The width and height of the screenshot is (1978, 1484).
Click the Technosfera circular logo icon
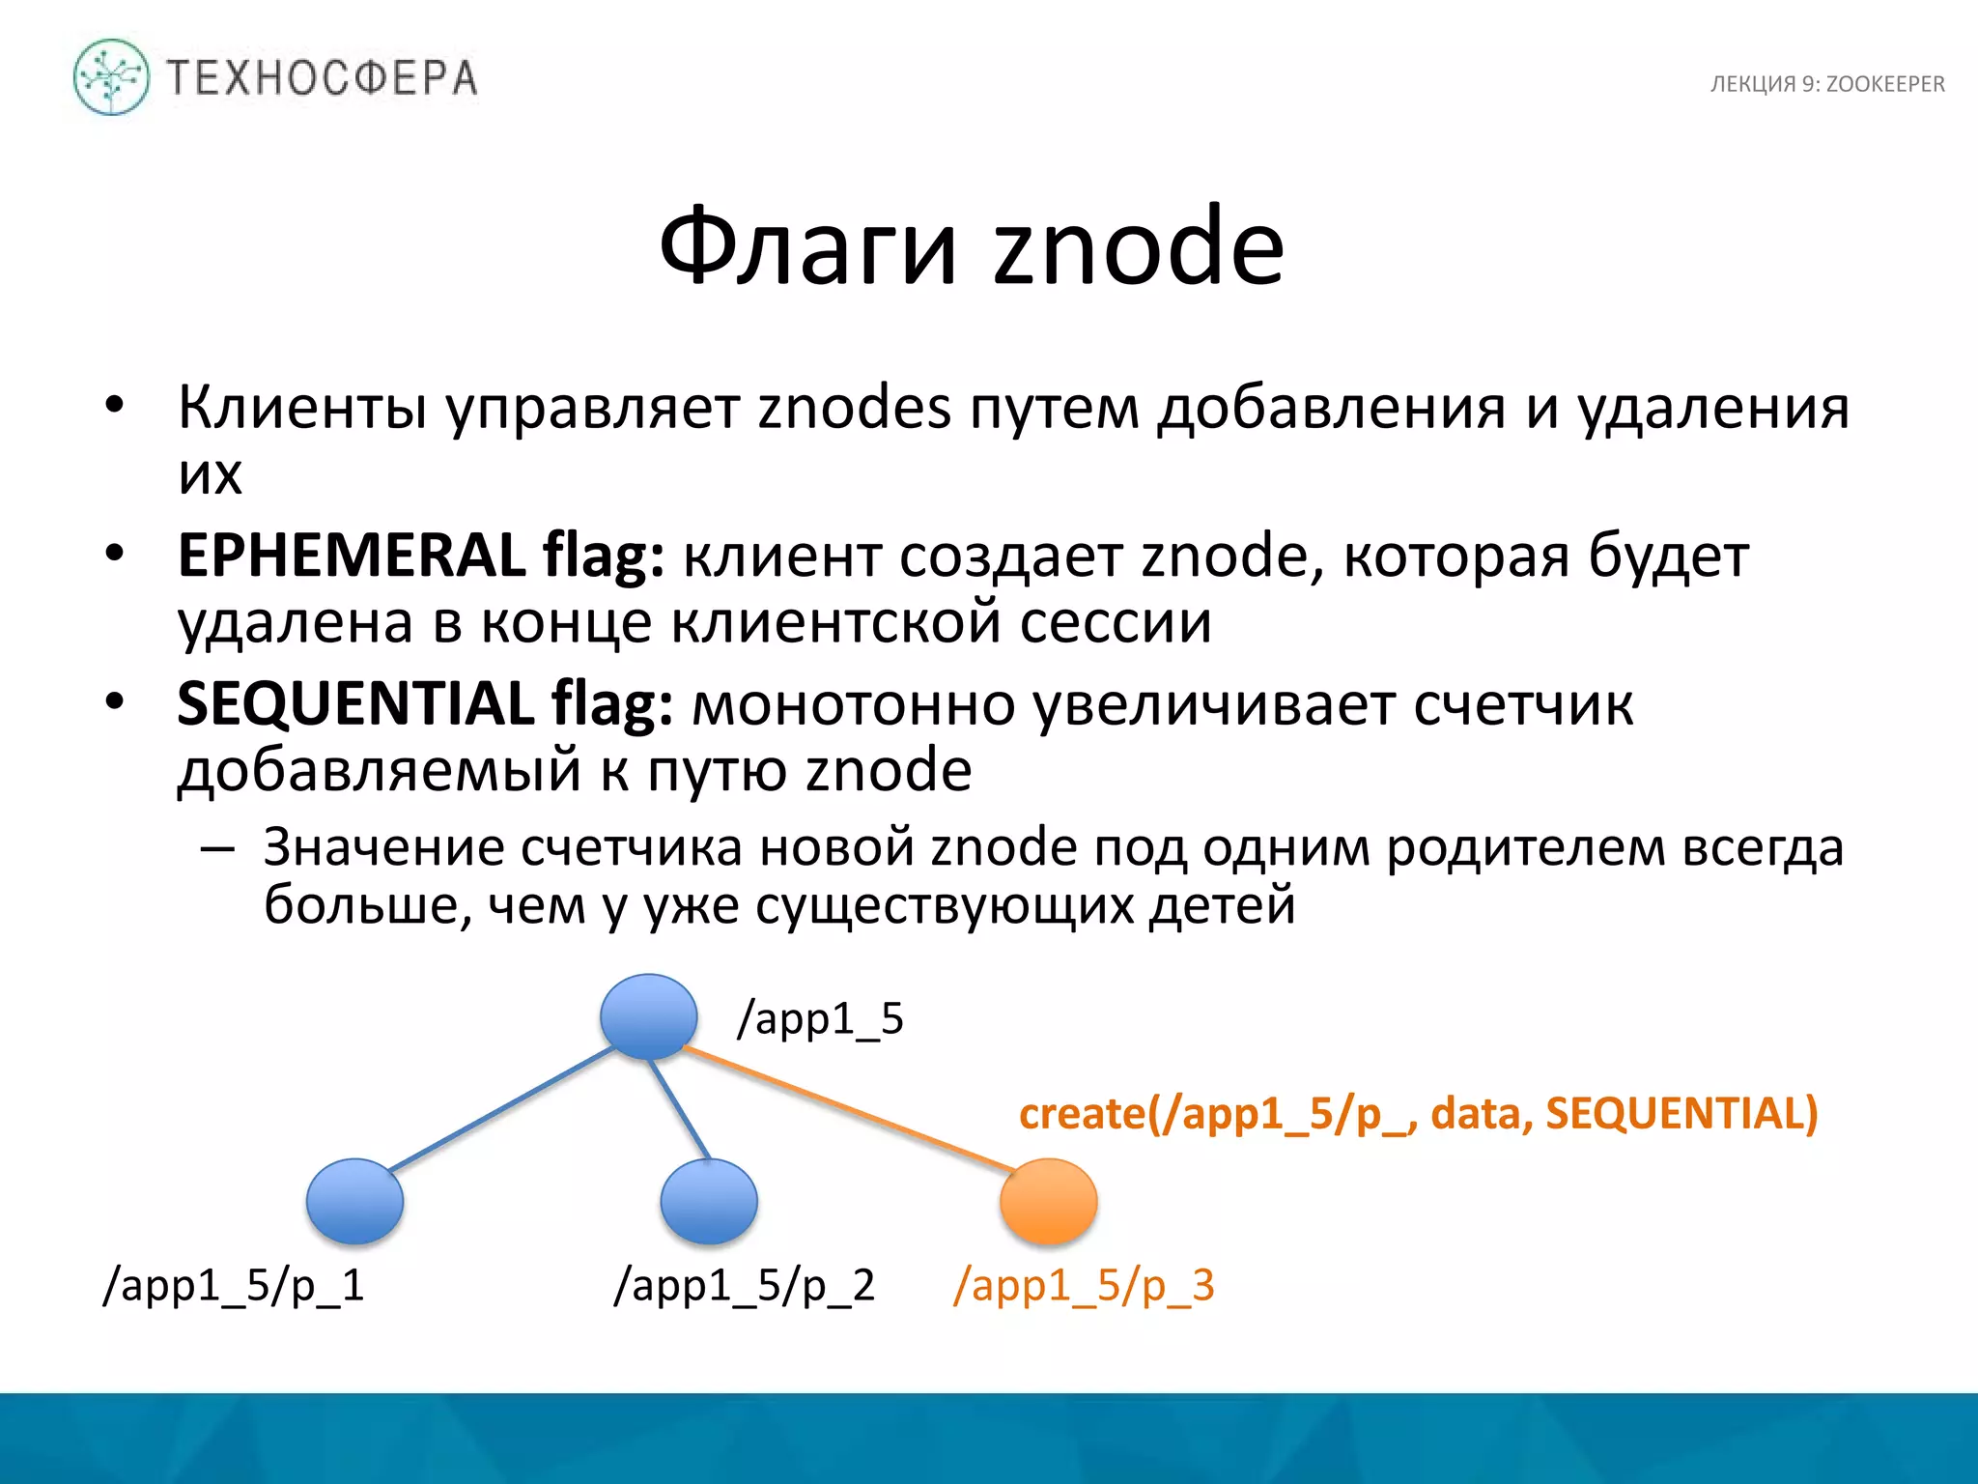coord(111,77)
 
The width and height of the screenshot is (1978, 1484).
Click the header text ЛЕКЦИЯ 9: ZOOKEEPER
coord(1826,84)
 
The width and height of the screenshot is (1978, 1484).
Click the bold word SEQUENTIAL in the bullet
coord(354,703)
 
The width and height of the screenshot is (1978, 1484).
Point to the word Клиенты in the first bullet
coord(302,408)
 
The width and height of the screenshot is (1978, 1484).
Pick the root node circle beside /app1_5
coord(648,1016)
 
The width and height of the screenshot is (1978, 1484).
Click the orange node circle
coord(1048,1201)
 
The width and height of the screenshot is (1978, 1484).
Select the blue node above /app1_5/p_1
coord(354,1201)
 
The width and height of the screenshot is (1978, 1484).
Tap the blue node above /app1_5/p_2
coord(709,1201)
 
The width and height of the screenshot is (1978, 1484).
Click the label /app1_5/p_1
coord(234,1286)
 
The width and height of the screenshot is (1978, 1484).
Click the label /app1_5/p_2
coord(744,1286)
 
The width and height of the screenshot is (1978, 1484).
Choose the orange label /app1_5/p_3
coord(1084,1286)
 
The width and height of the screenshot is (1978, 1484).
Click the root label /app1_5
coord(820,1019)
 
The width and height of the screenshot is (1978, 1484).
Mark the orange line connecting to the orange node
coord(850,1110)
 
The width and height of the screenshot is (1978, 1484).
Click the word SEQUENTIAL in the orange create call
coord(1681,1113)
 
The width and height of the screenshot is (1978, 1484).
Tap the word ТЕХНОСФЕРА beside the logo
coord(323,78)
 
